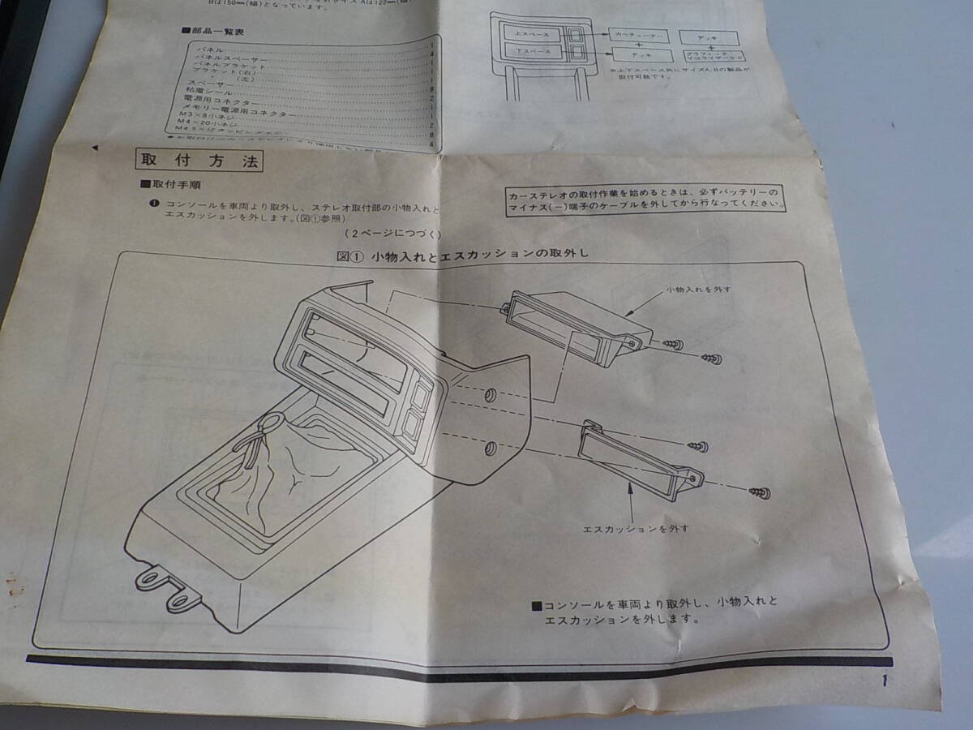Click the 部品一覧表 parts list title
[214, 32]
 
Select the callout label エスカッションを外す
[636, 528]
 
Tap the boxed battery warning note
[645, 198]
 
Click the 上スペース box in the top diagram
[532, 33]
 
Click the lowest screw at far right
[761, 492]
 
